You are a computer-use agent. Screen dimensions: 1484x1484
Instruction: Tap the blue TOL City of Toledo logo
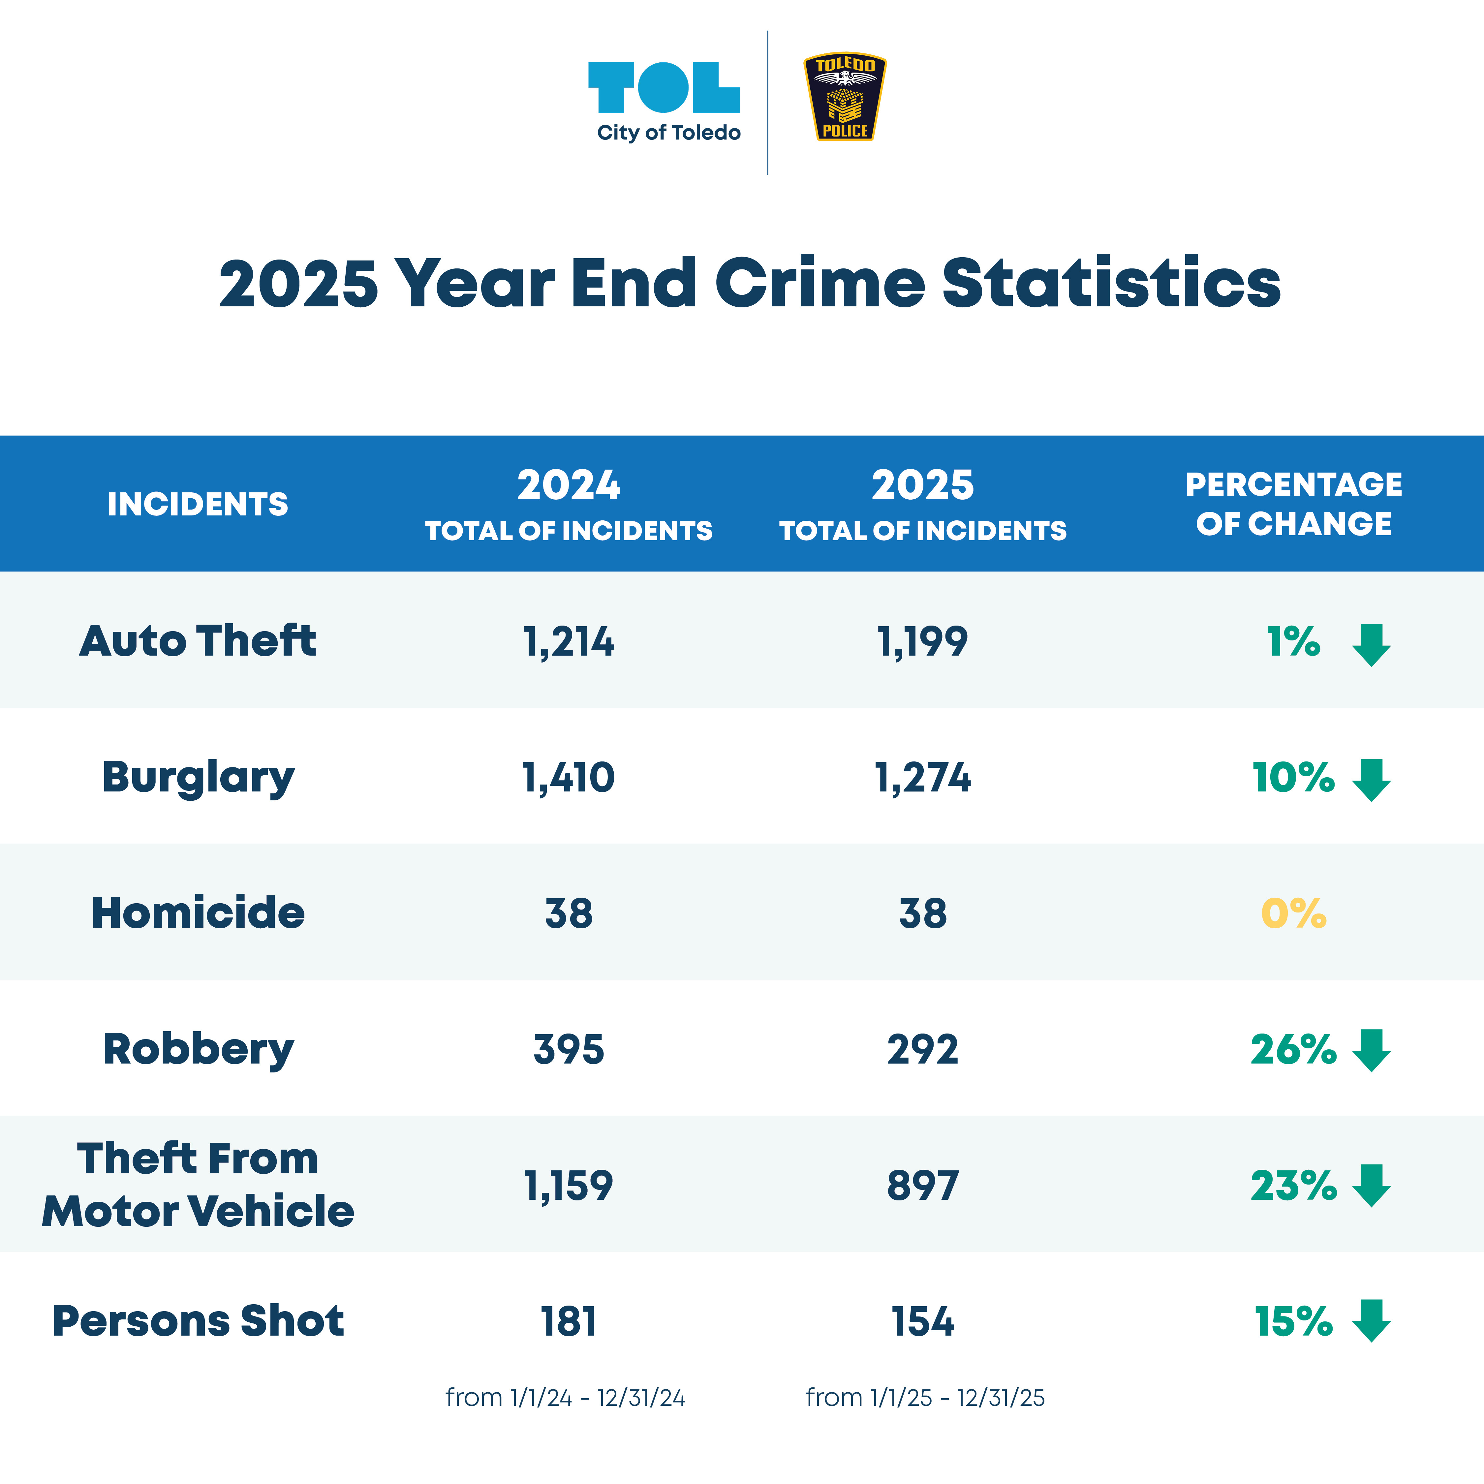[x=665, y=100]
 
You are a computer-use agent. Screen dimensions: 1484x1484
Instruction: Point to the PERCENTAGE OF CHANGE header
[x=1293, y=504]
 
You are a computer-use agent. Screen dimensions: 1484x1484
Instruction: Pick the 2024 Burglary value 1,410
[x=569, y=777]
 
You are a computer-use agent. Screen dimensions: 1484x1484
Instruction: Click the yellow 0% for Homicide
[x=1293, y=913]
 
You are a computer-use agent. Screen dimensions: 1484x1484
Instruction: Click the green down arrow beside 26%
[x=1371, y=1050]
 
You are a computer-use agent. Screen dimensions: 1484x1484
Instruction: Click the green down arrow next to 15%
[x=1371, y=1321]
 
